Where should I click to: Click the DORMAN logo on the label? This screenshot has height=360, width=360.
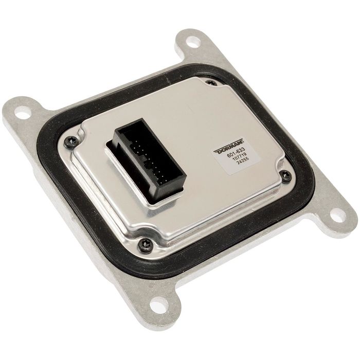[x=229, y=146]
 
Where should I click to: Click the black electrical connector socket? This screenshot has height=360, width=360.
[x=147, y=160]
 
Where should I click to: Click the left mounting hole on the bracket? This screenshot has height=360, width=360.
[x=23, y=113]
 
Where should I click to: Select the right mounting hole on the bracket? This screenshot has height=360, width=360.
[x=337, y=215]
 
